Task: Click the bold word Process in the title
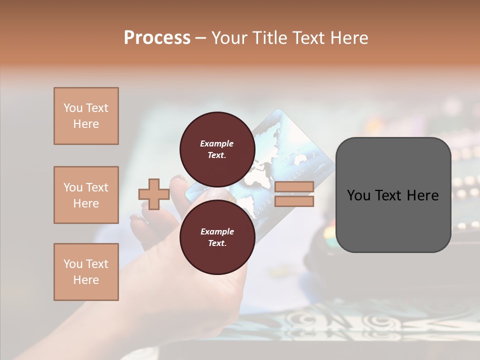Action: click(157, 38)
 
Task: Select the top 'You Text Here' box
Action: click(86, 116)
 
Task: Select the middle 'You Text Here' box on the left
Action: click(86, 195)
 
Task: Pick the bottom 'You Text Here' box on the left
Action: click(86, 272)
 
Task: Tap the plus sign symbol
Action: click(154, 194)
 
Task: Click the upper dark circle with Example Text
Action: click(217, 149)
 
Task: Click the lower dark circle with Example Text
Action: click(217, 237)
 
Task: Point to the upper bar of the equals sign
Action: click(294, 187)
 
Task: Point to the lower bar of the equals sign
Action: click(294, 201)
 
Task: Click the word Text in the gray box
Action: click(388, 195)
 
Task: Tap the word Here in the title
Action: click(348, 38)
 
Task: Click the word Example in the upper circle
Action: click(217, 143)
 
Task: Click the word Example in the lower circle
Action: click(217, 231)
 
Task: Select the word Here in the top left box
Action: click(86, 124)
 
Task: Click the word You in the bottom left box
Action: click(73, 264)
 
